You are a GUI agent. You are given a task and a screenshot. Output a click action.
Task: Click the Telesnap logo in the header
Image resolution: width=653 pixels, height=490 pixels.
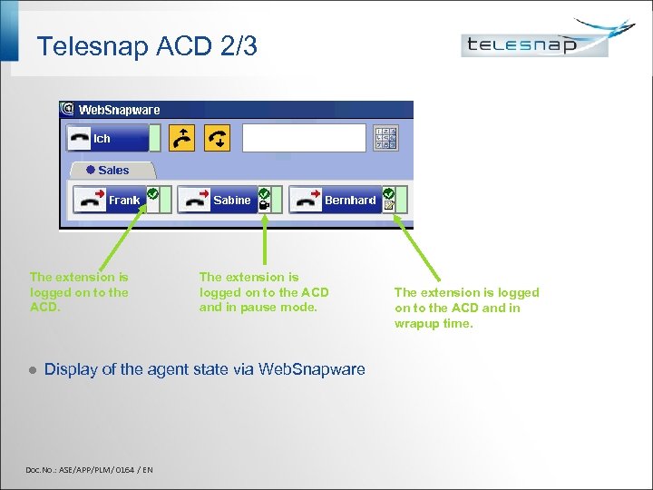click(535, 43)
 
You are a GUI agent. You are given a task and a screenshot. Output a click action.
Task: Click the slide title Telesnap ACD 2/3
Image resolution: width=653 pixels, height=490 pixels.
click(147, 46)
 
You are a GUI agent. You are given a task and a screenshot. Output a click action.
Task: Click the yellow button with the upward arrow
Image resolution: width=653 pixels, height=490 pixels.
click(183, 138)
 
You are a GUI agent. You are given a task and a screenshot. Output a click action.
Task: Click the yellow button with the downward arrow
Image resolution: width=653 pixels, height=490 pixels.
click(218, 138)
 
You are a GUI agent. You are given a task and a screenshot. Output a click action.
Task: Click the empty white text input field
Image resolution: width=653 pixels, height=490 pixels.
click(303, 138)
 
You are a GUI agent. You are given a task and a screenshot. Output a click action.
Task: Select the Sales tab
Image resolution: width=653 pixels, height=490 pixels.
click(112, 170)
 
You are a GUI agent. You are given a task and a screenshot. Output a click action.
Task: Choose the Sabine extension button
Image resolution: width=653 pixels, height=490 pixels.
click(214, 201)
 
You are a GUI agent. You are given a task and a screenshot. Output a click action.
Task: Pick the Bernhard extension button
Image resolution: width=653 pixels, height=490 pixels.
click(333, 201)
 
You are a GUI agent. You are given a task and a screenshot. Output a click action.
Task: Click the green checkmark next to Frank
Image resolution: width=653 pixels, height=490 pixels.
click(152, 194)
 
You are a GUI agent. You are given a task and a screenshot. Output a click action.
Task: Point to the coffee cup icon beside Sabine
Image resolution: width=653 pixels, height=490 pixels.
click(264, 206)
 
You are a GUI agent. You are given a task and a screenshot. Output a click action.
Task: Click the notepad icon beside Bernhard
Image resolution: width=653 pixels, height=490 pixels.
click(388, 206)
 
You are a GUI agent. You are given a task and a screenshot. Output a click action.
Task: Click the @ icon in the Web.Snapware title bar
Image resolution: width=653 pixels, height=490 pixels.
click(67, 110)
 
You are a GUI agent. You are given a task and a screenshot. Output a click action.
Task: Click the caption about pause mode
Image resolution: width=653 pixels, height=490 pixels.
click(264, 292)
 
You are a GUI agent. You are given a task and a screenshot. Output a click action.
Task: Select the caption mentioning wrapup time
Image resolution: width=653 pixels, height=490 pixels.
click(466, 308)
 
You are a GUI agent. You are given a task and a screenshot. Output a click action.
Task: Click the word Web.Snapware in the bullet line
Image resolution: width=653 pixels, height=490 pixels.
click(311, 369)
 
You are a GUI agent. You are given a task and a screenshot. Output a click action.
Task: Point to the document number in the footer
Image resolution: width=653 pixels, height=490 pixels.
click(89, 469)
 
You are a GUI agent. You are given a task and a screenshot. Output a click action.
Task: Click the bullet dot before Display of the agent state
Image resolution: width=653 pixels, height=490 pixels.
click(31, 370)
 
